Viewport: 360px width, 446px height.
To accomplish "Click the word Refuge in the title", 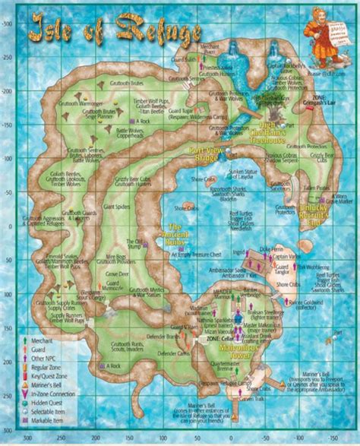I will click(156, 32).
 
